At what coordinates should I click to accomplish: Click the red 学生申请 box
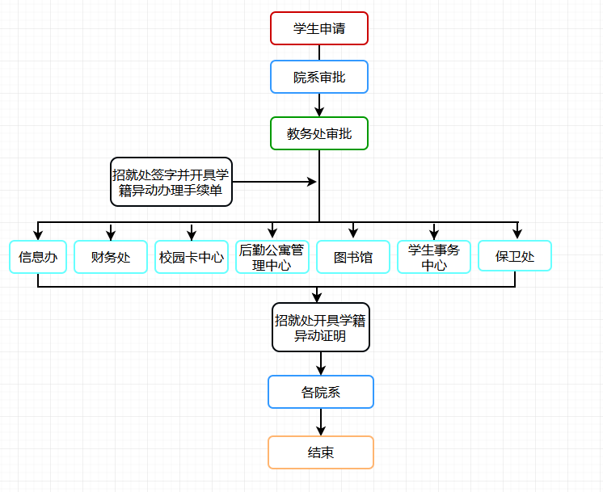pyautogui.click(x=319, y=28)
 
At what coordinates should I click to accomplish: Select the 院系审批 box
pyautogui.click(x=319, y=78)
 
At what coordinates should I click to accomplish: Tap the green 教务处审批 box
pyautogui.click(x=319, y=134)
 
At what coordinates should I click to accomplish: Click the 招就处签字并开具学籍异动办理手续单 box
pyautogui.click(x=171, y=182)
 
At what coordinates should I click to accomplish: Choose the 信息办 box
pyautogui.click(x=38, y=257)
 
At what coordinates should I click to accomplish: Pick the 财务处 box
pyautogui.click(x=111, y=257)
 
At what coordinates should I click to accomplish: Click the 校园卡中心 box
pyautogui.click(x=192, y=257)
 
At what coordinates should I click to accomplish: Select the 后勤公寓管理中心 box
pyautogui.click(x=272, y=257)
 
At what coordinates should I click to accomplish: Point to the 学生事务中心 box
pyautogui.click(x=434, y=257)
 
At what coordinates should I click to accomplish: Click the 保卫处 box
pyautogui.click(x=515, y=257)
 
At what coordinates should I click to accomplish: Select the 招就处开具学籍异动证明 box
pyautogui.click(x=321, y=327)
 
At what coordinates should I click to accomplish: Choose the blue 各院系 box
pyautogui.click(x=321, y=393)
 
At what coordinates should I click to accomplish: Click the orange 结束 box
pyautogui.click(x=321, y=452)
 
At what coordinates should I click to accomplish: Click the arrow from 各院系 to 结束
pyautogui.click(x=321, y=423)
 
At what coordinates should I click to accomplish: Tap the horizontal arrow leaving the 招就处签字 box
pyautogui.click(x=275, y=182)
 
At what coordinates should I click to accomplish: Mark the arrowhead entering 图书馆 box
pyautogui.click(x=353, y=234)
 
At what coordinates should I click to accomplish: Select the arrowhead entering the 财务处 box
pyautogui.click(x=111, y=234)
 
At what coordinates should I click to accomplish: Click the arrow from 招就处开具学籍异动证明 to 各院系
pyautogui.click(x=321, y=364)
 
